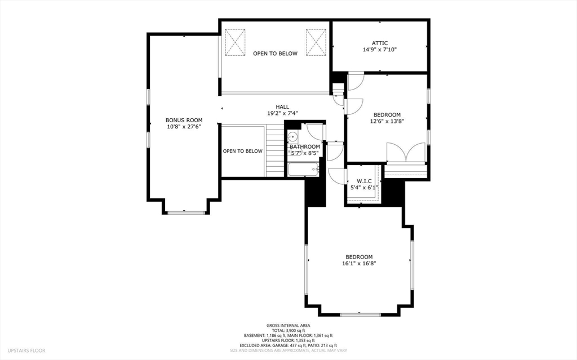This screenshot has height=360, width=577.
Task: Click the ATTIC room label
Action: tap(379, 43)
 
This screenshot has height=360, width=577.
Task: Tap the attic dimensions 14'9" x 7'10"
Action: tap(379, 50)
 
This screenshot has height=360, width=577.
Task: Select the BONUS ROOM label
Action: tap(184, 120)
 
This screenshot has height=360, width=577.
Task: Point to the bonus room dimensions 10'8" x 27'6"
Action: tap(184, 127)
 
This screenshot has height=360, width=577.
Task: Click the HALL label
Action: tap(282, 106)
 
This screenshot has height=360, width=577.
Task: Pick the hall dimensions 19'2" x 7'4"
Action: tap(282, 113)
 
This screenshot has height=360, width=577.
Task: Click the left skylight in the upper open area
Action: tap(236, 42)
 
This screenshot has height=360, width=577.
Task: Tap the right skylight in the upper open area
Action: tap(316, 42)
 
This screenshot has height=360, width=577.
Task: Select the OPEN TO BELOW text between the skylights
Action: tap(275, 54)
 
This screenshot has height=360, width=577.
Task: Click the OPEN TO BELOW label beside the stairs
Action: tap(242, 151)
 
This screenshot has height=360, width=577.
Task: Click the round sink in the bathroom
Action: tap(293, 137)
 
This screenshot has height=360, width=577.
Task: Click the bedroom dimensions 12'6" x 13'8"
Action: tap(387, 121)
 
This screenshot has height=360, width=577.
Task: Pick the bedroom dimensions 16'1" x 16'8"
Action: tap(359, 263)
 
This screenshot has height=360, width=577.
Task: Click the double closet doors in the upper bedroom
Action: tap(406, 153)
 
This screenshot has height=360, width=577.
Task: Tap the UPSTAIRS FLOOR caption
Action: tap(26, 350)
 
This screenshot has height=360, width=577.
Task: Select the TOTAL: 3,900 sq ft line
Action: tap(288, 330)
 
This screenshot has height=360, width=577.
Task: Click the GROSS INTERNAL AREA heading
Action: tap(288, 325)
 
